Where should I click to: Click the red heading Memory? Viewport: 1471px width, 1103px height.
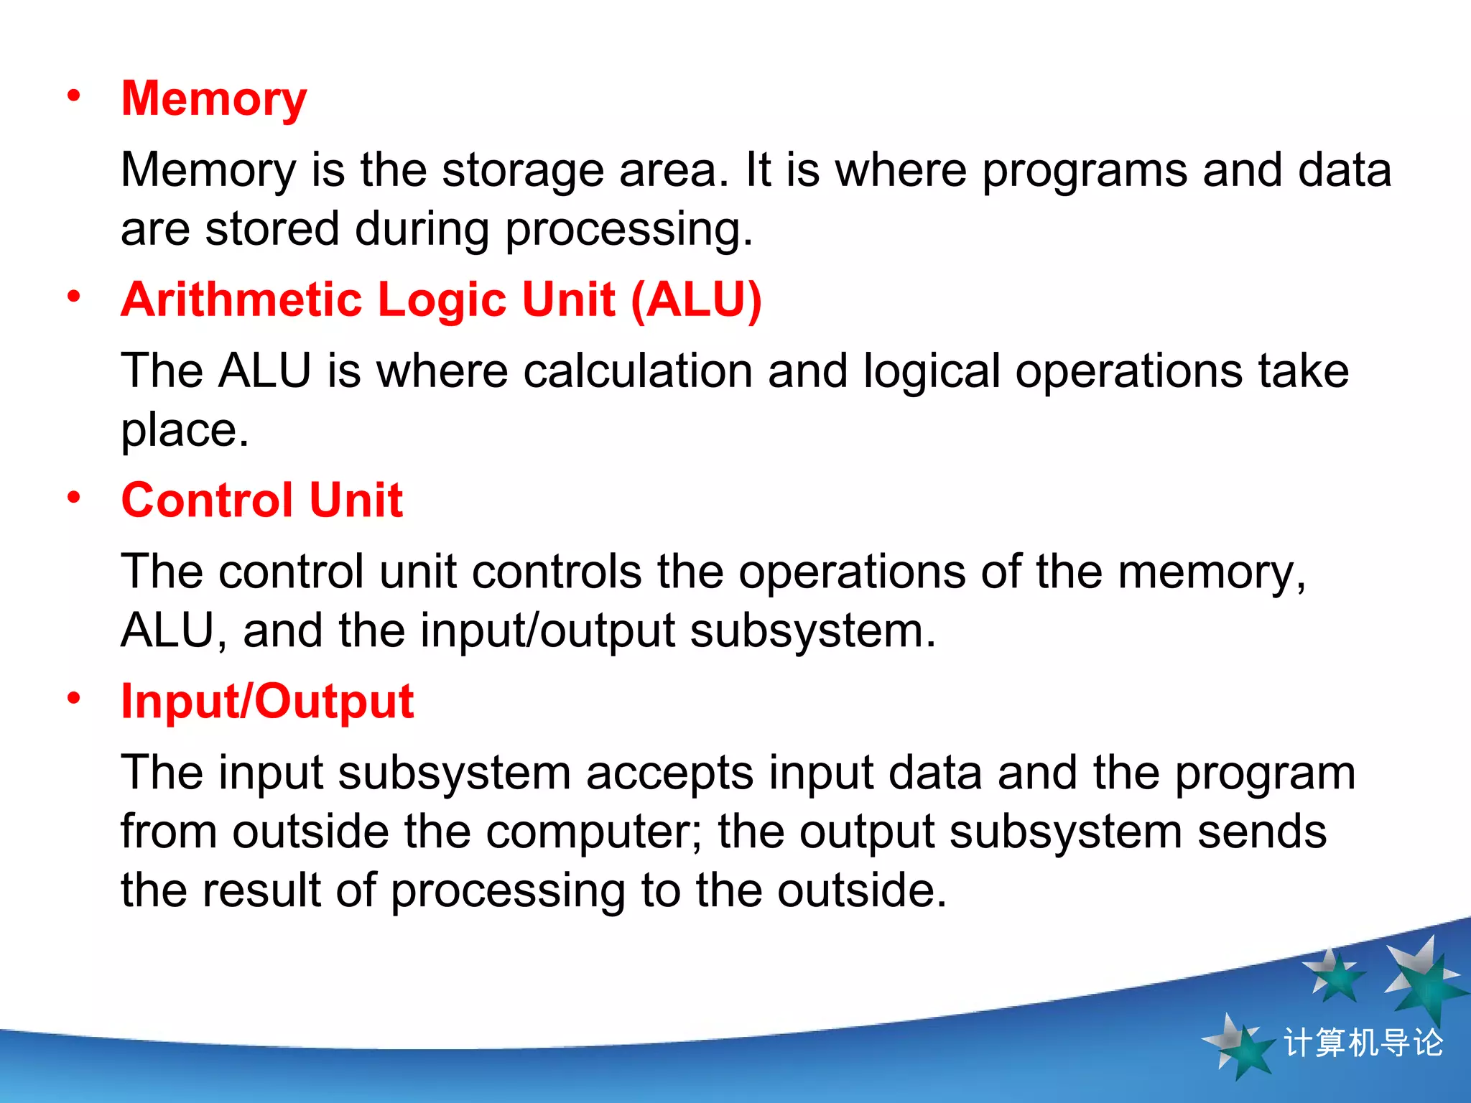click(214, 99)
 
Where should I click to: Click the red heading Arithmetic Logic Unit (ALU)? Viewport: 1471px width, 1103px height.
click(441, 300)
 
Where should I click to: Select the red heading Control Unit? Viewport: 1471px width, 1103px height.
click(262, 501)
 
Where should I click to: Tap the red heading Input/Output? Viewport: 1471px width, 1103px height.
click(267, 702)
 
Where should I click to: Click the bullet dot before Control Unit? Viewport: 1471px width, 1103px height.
click(74, 497)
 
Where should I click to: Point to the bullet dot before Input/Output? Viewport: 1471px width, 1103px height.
click(74, 698)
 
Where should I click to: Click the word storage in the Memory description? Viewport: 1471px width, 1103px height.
click(522, 171)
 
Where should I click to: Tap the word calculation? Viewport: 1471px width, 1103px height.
click(637, 372)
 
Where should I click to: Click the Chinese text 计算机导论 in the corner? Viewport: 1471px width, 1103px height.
click(1363, 1043)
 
